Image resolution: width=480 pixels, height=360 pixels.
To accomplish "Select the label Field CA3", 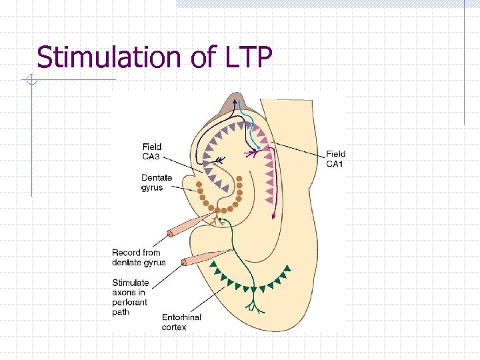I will (x=152, y=151).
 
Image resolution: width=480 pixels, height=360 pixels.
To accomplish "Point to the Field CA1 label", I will (x=336, y=159).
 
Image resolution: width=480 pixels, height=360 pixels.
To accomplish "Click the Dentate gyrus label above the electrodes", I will (x=157, y=183).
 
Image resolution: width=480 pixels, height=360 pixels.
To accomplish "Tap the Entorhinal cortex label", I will (x=181, y=322).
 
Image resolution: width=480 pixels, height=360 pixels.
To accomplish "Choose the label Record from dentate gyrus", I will (x=139, y=257).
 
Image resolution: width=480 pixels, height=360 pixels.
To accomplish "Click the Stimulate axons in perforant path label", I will (x=131, y=297).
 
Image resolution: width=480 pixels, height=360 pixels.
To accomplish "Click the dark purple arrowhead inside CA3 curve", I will (x=220, y=159).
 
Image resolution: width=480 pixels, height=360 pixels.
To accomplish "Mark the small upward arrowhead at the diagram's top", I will (x=235, y=101).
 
